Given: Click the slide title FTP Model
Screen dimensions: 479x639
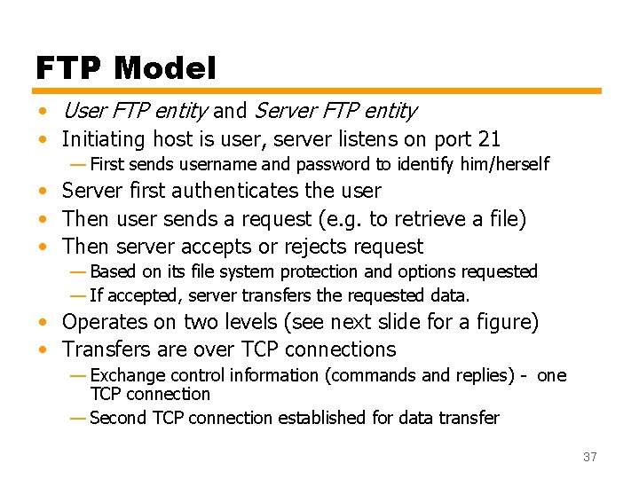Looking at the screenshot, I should [x=125, y=67].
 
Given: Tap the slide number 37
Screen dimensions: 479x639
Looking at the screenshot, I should [x=590, y=458].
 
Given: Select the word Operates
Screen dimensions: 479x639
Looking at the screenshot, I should [x=106, y=322].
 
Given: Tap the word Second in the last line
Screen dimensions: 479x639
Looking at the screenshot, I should [x=117, y=417].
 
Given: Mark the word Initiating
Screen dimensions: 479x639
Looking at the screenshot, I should [x=104, y=139].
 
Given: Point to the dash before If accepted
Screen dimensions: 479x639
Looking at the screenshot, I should [x=78, y=295].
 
